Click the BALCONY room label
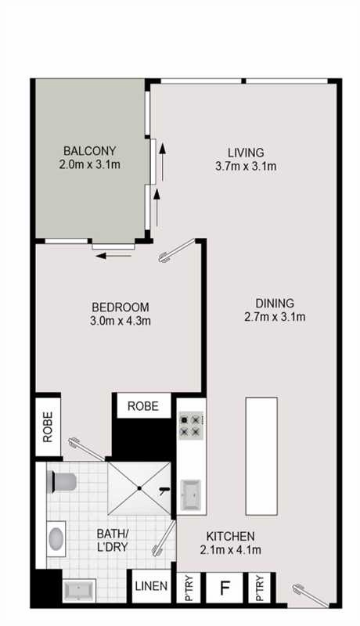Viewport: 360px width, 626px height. [90, 151]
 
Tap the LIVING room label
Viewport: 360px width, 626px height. [246, 153]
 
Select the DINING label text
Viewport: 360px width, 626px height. [275, 303]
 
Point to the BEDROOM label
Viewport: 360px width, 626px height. [121, 307]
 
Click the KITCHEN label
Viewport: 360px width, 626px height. [230, 536]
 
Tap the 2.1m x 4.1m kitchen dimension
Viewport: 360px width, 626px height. [231, 550]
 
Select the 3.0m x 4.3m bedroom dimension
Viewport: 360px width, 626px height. [121, 321]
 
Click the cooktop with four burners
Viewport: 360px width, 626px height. [191, 426]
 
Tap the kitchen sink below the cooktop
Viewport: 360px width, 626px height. [191, 495]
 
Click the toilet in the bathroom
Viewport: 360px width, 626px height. [62, 481]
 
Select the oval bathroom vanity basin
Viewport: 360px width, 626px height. [56, 538]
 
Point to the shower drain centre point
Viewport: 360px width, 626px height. [139, 488]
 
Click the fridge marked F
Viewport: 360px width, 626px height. [225, 588]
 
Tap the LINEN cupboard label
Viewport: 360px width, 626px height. [151, 586]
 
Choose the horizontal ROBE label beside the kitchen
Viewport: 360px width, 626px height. [143, 406]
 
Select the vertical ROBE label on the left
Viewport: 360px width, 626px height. [48, 427]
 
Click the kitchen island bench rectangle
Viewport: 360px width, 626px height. [261, 456]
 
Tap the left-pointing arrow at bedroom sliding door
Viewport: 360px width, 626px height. [113, 256]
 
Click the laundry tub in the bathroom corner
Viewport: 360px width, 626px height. [79, 589]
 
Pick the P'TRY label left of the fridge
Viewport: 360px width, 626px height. [189, 588]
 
